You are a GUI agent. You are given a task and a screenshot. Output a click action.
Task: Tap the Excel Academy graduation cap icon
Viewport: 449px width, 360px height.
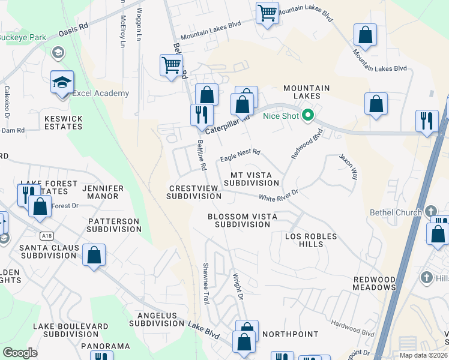(x=61, y=82)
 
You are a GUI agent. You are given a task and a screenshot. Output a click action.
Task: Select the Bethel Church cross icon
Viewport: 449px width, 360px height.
(x=430, y=212)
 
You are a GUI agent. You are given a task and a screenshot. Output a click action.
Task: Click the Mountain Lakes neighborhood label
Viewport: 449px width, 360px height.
(x=306, y=92)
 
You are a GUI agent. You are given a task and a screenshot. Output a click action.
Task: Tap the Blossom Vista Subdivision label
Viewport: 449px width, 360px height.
(x=239, y=220)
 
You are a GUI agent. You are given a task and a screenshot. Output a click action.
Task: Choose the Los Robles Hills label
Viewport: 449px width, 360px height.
(x=311, y=240)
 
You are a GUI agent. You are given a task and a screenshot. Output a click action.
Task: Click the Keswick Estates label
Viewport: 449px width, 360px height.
(x=63, y=123)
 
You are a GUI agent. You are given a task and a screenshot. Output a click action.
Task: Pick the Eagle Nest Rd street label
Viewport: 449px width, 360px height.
(x=240, y=155)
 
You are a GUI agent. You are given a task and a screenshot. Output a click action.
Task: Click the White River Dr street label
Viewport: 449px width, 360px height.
(x=279, y=195)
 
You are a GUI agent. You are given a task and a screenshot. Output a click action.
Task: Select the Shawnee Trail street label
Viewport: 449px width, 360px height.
(x=206, y=283)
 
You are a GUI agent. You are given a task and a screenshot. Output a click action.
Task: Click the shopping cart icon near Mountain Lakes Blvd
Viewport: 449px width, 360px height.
(x=267, y=12)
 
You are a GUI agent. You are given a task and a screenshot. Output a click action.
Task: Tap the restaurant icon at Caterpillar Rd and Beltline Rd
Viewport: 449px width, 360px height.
(x=201, y=114)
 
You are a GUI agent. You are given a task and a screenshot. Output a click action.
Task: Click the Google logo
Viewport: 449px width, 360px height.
(x=20, y=353)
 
